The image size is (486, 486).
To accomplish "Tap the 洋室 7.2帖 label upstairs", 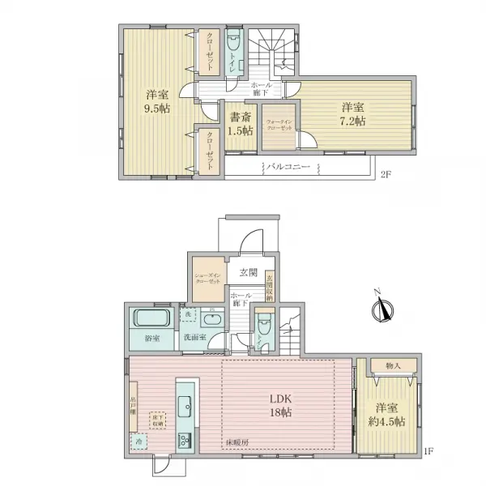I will [x=352, y=113].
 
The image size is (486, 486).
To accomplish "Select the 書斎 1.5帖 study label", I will [x=239, y=123].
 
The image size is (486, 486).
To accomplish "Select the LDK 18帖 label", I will [x=280, y=405].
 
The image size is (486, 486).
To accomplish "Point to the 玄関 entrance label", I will [x=248, y=272].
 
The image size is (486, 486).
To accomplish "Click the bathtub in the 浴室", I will [x=148, y=317].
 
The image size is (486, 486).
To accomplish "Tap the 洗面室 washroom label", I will [x=195, y=337].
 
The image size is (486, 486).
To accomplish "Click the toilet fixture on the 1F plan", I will [x=262, y=323].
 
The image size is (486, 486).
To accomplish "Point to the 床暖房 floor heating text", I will [x=237, y=443].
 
